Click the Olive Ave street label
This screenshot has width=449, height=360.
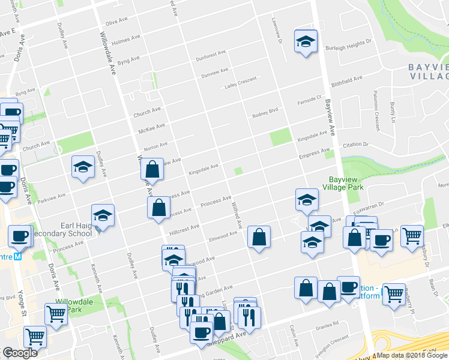(117, 23)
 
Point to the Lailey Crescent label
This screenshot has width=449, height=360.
(240, 82)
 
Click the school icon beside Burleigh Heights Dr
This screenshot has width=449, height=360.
(306, 41)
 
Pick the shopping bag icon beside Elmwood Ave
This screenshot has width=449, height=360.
(259, 237)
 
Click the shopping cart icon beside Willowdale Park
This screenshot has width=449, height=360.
(56, 313)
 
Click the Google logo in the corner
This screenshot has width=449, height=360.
(20, 353)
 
